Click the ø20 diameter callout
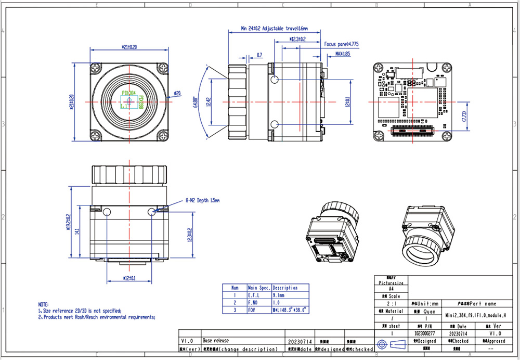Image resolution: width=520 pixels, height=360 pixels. click(x=177, y=94)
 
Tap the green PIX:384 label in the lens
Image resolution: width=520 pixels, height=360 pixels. click(x=127, y=93)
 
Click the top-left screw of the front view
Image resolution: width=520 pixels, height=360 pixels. click(x=96, y=68)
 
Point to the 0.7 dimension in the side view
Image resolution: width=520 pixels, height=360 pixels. click(x=259, y=55)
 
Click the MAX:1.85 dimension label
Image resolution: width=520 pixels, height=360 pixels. click(x=342, y=54)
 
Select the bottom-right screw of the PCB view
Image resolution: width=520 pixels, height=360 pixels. click(x=446, y=136)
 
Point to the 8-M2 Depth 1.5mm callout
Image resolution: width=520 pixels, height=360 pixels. click(x=203, y=200)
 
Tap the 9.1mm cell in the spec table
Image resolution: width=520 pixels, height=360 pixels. click(x=279, y=295)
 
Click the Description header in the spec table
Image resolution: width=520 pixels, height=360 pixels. click(x=285, y=287)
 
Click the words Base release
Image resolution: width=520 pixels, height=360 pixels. click(x=215, y=341)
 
